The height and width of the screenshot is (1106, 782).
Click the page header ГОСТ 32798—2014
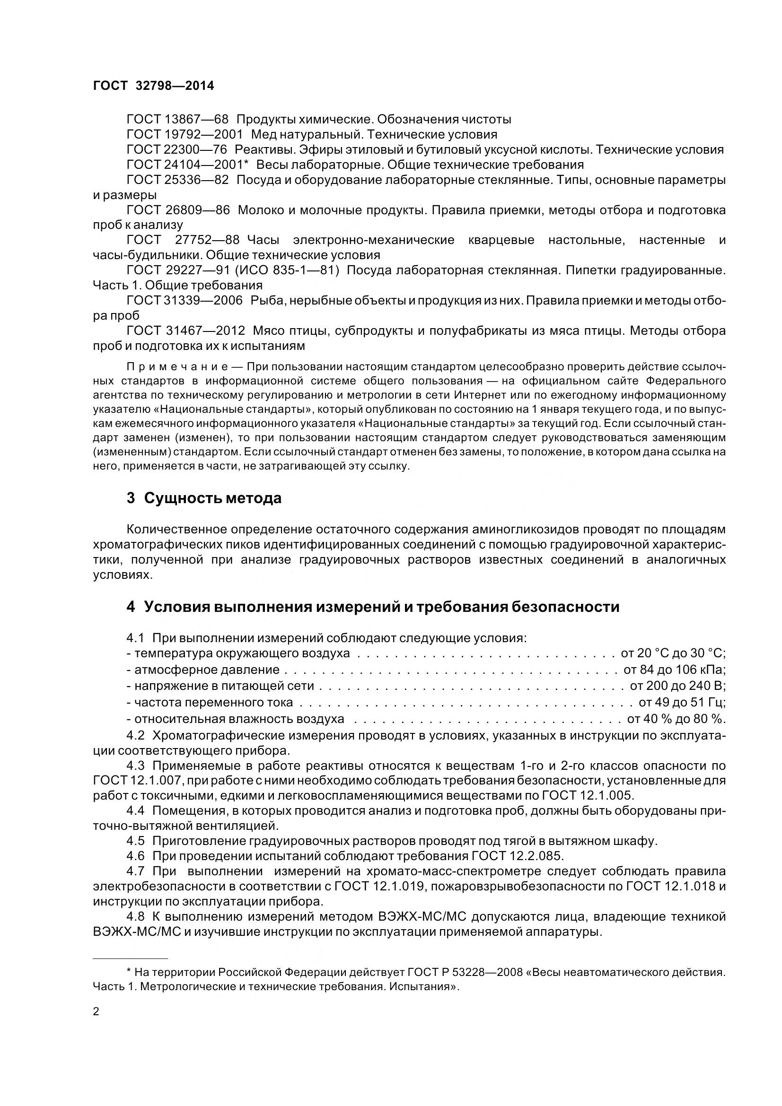[153, 86]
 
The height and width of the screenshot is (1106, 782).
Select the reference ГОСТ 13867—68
[177, 119]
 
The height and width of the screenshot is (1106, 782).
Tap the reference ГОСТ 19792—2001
[185, 134]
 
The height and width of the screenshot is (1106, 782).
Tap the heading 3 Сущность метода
[204, 498]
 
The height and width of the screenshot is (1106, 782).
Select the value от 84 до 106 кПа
[675, 670]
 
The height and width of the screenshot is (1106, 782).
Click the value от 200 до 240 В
[677, 686]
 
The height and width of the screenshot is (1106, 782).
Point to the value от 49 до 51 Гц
[682, 702]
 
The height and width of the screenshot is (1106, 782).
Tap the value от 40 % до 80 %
[676, 719]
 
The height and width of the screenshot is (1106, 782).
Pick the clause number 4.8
[135, 916]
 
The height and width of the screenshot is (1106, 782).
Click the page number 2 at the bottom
[96, 1011]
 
